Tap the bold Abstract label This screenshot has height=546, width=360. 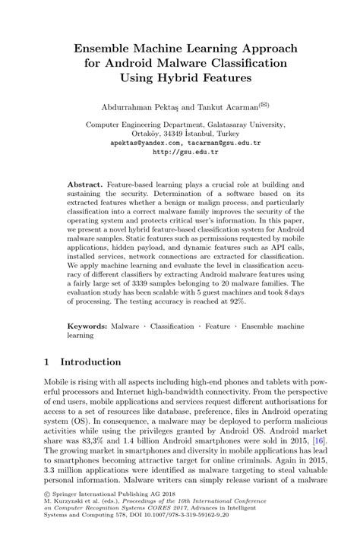(x=84, y=185)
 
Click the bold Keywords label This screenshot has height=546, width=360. (x=87, y=325)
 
